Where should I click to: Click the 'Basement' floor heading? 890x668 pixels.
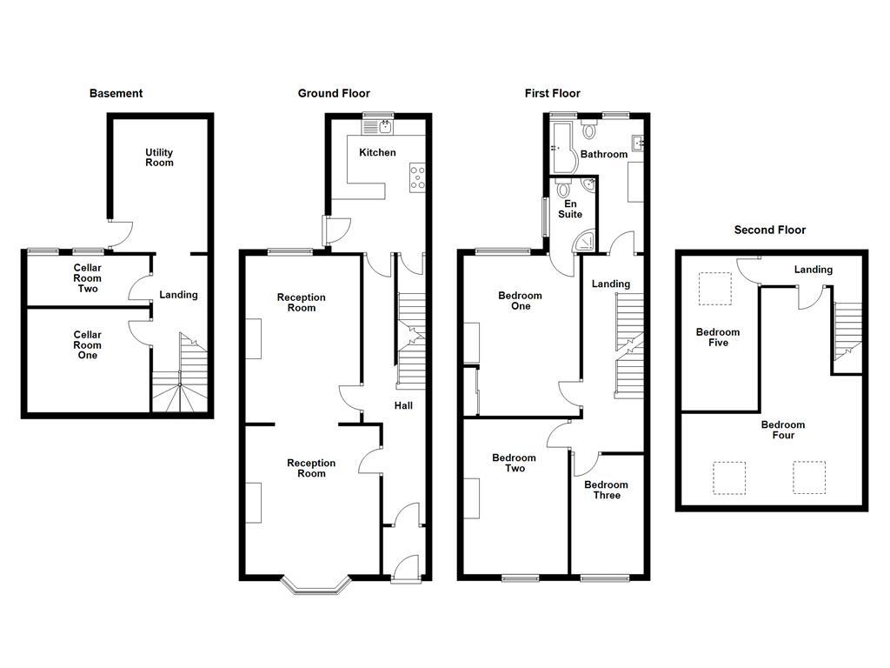116,93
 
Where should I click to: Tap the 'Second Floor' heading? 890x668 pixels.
769,230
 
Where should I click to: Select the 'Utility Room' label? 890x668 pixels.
159,157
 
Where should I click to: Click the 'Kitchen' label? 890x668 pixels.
377,152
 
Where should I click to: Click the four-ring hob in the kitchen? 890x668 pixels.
418,177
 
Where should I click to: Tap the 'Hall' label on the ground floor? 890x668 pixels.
403,405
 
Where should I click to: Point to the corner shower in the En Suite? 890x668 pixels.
587,241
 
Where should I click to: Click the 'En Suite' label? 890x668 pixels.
570,209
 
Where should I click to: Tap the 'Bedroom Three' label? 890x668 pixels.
606,490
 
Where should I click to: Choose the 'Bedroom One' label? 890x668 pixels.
520,301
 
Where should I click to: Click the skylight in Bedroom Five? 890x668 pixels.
716,289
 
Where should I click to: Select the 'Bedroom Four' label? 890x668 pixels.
782,430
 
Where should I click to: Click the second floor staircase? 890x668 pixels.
847,331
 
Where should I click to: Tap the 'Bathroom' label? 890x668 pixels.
603,154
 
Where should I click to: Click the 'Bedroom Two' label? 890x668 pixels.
514,463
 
